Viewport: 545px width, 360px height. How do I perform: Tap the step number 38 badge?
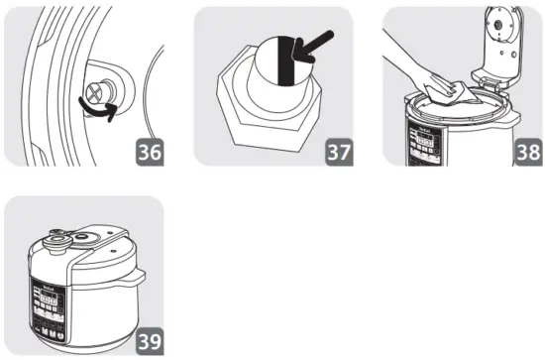pos(526,154)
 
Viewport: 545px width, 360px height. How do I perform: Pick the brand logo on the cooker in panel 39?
pos(43,285)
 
